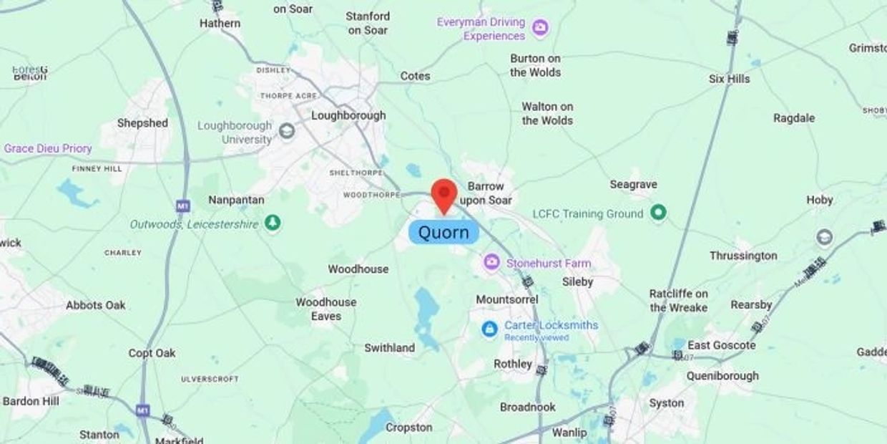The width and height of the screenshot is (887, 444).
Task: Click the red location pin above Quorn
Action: tap(444, 194)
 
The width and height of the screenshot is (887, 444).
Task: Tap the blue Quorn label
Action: tap(443, 232)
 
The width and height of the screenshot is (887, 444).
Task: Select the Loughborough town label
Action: tap(348, 115)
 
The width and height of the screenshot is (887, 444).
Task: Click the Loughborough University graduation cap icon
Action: tap(287, 131)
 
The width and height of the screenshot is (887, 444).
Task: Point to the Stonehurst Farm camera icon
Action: tap(491, 263)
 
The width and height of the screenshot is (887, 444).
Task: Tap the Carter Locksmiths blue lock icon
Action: tap(489, 329)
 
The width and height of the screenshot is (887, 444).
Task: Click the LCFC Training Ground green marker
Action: tap(659, 213)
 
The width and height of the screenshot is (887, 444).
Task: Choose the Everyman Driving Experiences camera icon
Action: tap(541, 29)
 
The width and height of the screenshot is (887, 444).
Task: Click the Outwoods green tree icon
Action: tap(273, 223)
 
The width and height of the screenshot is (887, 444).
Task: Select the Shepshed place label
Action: tap(142, 123)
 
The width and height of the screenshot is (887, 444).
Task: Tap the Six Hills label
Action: tap(729, 79)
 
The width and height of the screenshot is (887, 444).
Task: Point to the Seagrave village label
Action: tap(633, 185)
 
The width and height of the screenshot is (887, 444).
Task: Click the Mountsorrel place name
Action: tap(507, 299)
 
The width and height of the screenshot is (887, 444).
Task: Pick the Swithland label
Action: tap(389, 348)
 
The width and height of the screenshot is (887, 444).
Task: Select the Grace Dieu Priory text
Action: tap(48, 148)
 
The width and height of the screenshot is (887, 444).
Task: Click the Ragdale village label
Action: tap(794, 118)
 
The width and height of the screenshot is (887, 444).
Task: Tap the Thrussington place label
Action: tap(743, 256)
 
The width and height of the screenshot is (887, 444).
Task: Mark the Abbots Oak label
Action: tap(96, 305)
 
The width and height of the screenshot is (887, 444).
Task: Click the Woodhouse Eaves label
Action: tap(325, 309)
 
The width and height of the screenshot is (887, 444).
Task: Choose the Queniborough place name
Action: tap(722, 376)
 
